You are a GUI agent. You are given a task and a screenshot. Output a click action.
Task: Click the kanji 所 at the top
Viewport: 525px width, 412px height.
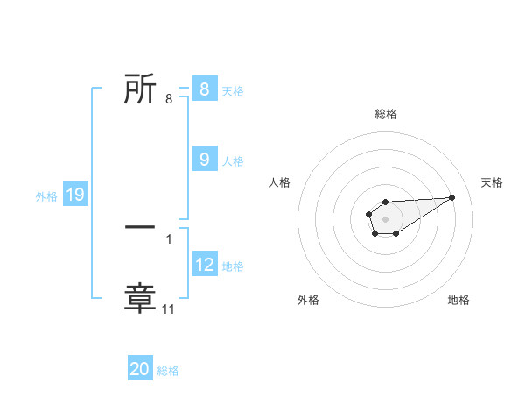click(x=140, y=89)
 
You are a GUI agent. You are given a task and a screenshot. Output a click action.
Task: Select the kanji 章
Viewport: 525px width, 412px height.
click(x=140, y=298)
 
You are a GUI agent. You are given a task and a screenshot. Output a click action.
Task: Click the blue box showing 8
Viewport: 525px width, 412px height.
click(x=204, y=89)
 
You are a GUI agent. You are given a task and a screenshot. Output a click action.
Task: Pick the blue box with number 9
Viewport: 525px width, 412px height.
click(x=204, y=159)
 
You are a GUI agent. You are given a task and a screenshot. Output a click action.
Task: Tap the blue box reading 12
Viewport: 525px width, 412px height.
click(x=204, y=264)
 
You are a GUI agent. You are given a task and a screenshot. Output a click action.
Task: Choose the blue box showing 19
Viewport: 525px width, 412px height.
click(x=75, y=195)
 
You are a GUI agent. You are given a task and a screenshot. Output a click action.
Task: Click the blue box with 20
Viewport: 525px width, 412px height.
click(x=140, y=369)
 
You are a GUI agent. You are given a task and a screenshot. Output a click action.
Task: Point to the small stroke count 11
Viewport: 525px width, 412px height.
click(x=170, y=309)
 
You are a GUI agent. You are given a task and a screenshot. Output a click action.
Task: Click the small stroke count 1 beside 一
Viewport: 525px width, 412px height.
click(x=169, y=238)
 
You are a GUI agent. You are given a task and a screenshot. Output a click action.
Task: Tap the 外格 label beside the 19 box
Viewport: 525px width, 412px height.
click(x=45, y=196)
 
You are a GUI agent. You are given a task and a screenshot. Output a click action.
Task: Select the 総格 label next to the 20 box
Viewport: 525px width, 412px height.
click(x=168, y=371)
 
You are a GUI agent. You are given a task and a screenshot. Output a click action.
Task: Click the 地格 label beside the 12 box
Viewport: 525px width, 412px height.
click(x=233, y=266)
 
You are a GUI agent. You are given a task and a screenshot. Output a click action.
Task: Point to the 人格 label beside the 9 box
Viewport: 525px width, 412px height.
click(x=233, y=160)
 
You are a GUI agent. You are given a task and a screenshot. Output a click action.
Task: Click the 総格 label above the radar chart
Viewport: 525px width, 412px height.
click(x=385, y=114)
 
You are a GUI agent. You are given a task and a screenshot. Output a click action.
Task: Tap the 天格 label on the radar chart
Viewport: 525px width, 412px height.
click(x=492, y=182)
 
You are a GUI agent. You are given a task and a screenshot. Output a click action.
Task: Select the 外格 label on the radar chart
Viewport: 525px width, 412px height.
click(x=308, y=300)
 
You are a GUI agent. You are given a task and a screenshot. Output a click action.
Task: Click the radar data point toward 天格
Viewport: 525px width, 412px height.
click(x=452, y=196)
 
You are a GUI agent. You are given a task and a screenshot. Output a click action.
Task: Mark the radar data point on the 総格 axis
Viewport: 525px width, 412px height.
click(x=385, y=202)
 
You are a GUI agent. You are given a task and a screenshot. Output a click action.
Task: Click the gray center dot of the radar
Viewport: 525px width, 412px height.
click(x=385, y=217)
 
